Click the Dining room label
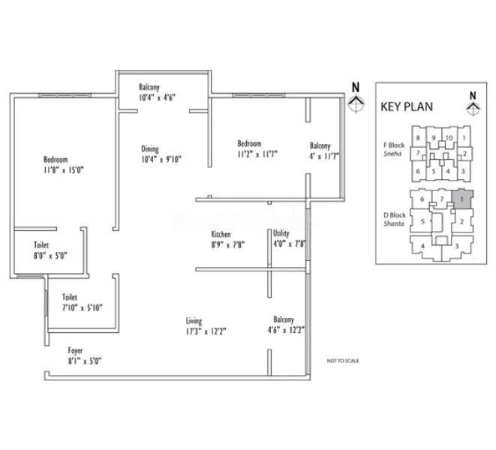click(x=150, y=148)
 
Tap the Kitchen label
click(x=221, y=234)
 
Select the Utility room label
click(x=281, y=233)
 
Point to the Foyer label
click(x=75, y=350)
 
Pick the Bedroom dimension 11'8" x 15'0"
click(x=63, y=170)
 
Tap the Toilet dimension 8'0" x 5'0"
click(x=50, y=255)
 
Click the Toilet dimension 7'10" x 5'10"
click(x=83, y=307)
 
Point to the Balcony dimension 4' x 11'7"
click(x=325, y=155)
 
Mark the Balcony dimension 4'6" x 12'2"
click(x=288, y=329)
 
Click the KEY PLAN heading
click(x=407, y=106)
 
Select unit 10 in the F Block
click(x=449, y=138)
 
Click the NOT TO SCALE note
click(x=343, y=361)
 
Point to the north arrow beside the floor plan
click(x=356, y=99)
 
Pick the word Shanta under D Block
click(x=394, y=223)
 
